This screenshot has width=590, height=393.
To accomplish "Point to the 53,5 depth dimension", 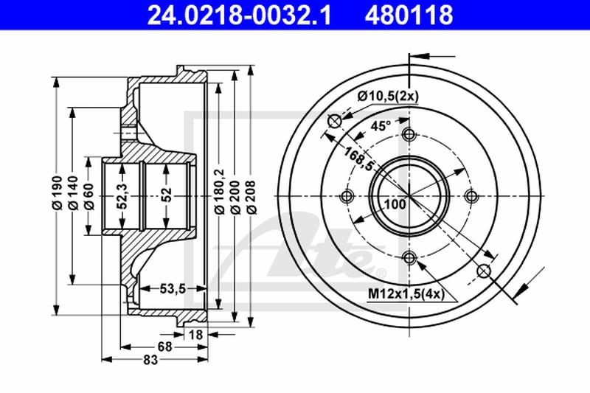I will coord(172,288).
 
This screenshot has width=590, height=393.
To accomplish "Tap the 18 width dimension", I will coord(196,335).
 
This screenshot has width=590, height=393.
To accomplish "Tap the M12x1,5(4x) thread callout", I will coord(405,295).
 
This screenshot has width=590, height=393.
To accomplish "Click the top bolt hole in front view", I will coord(409,135).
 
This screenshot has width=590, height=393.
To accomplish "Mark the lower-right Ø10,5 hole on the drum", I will coord(485,271).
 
